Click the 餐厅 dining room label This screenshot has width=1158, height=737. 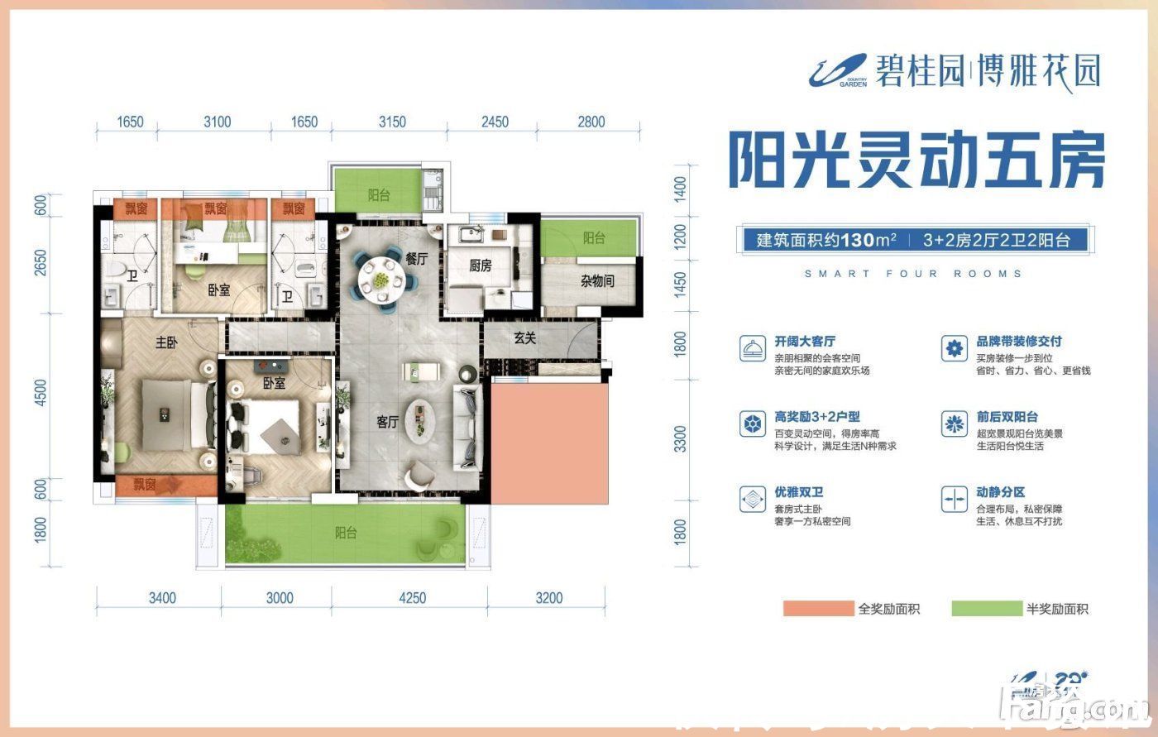pos(416,258)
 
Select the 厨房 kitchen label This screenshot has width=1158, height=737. pos(481,266)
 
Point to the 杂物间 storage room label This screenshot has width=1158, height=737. pos(597,281)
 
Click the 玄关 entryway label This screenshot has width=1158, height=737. pos(524,337)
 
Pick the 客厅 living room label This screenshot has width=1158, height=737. pos(388,422)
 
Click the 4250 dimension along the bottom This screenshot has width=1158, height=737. pos(410,598)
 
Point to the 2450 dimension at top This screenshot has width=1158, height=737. pos(495,122)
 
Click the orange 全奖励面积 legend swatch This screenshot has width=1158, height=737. pos(817,609)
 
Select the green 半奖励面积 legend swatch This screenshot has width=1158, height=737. pos(985,609)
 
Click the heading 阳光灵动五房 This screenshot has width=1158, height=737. pos(916,160)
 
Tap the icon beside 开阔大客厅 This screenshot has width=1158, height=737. pos(752,348)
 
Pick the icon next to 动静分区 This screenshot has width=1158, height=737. pos(954,499)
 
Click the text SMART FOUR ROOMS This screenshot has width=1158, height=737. pos(913,274)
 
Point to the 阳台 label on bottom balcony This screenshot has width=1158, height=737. pos(346,534)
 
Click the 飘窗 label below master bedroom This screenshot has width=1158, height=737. pos(145,485)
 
